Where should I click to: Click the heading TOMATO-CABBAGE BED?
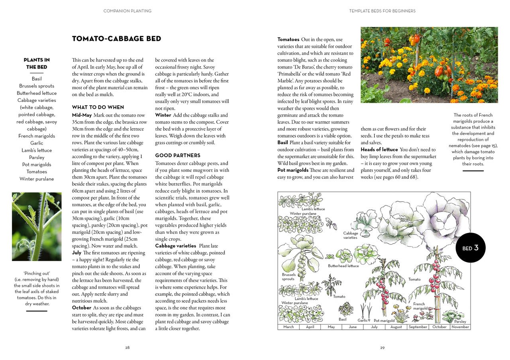pos(116,39)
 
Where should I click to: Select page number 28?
pos(127,348)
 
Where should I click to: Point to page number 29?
pos(382,348)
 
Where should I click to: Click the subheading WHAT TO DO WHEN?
pos(98,107)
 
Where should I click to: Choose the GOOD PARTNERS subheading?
pos(178,155)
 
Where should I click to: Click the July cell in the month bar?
pos(374,327)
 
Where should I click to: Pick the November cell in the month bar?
pos(460,327)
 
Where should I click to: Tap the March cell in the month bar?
pos(288,327)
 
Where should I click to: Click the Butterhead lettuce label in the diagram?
pos(343,266)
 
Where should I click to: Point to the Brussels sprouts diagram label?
pos(288,277)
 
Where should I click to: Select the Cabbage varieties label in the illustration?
pos(351,235)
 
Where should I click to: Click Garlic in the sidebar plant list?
pos(37,143)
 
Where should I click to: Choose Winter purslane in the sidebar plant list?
pos(37,179)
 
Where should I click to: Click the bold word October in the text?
pos(82,308)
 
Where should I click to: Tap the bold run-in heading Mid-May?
pos(82,115)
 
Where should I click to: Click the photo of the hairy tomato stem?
pos(37,227)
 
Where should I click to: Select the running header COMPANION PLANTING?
pos(127,11)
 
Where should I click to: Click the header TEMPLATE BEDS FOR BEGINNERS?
pos(382,11)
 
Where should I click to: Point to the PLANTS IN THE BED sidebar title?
pos(37,63)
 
